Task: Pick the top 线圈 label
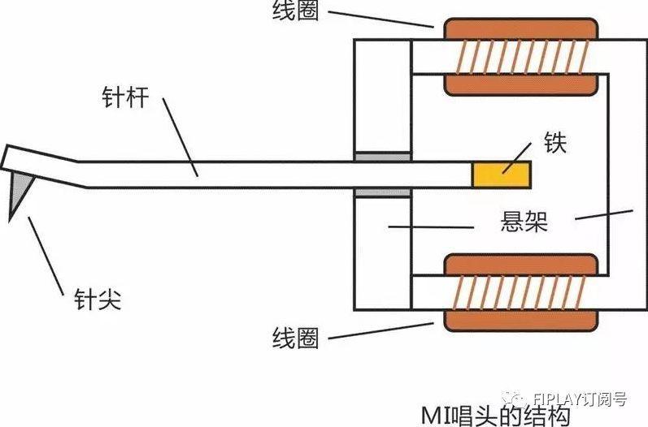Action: tap(298, 13)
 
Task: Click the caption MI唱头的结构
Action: tap(496, 414)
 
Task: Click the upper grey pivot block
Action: tap(382, 156)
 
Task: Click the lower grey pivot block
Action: tap(382, 192)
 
